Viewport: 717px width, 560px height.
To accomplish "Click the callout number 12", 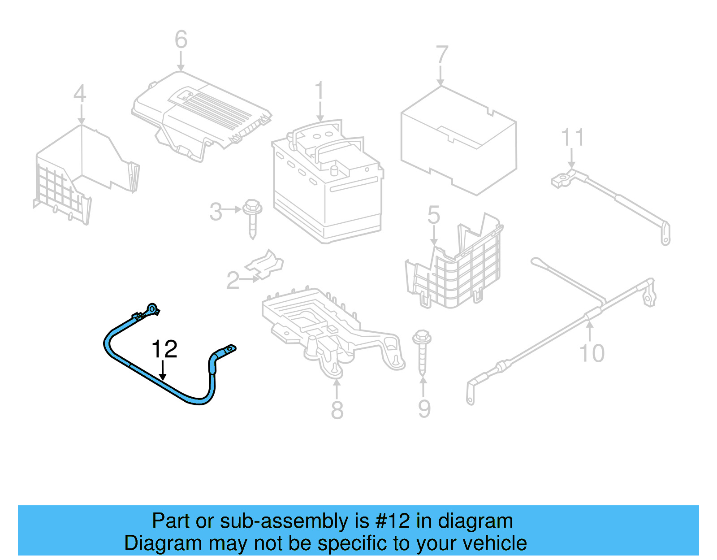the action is coord(164,349).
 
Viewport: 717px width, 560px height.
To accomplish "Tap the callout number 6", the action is coord(181,39).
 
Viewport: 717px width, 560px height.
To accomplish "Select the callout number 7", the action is coord(442,55).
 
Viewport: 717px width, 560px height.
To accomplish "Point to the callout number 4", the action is coord(80,93).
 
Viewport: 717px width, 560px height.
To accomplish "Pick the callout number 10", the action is coord(592,353).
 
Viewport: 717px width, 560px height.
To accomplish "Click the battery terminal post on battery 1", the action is coord(333,170).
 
